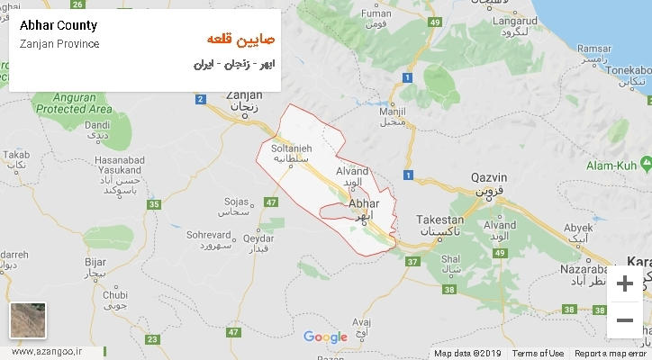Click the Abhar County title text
point(58,25)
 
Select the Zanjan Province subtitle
point(59,44)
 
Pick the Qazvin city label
point(490,177)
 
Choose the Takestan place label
point(440,220)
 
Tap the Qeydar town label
point(258,238)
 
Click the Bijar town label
point(95,261)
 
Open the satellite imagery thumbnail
point(28,320)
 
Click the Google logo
point(325,337)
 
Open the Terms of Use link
point(538,354)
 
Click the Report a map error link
point(610,354)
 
